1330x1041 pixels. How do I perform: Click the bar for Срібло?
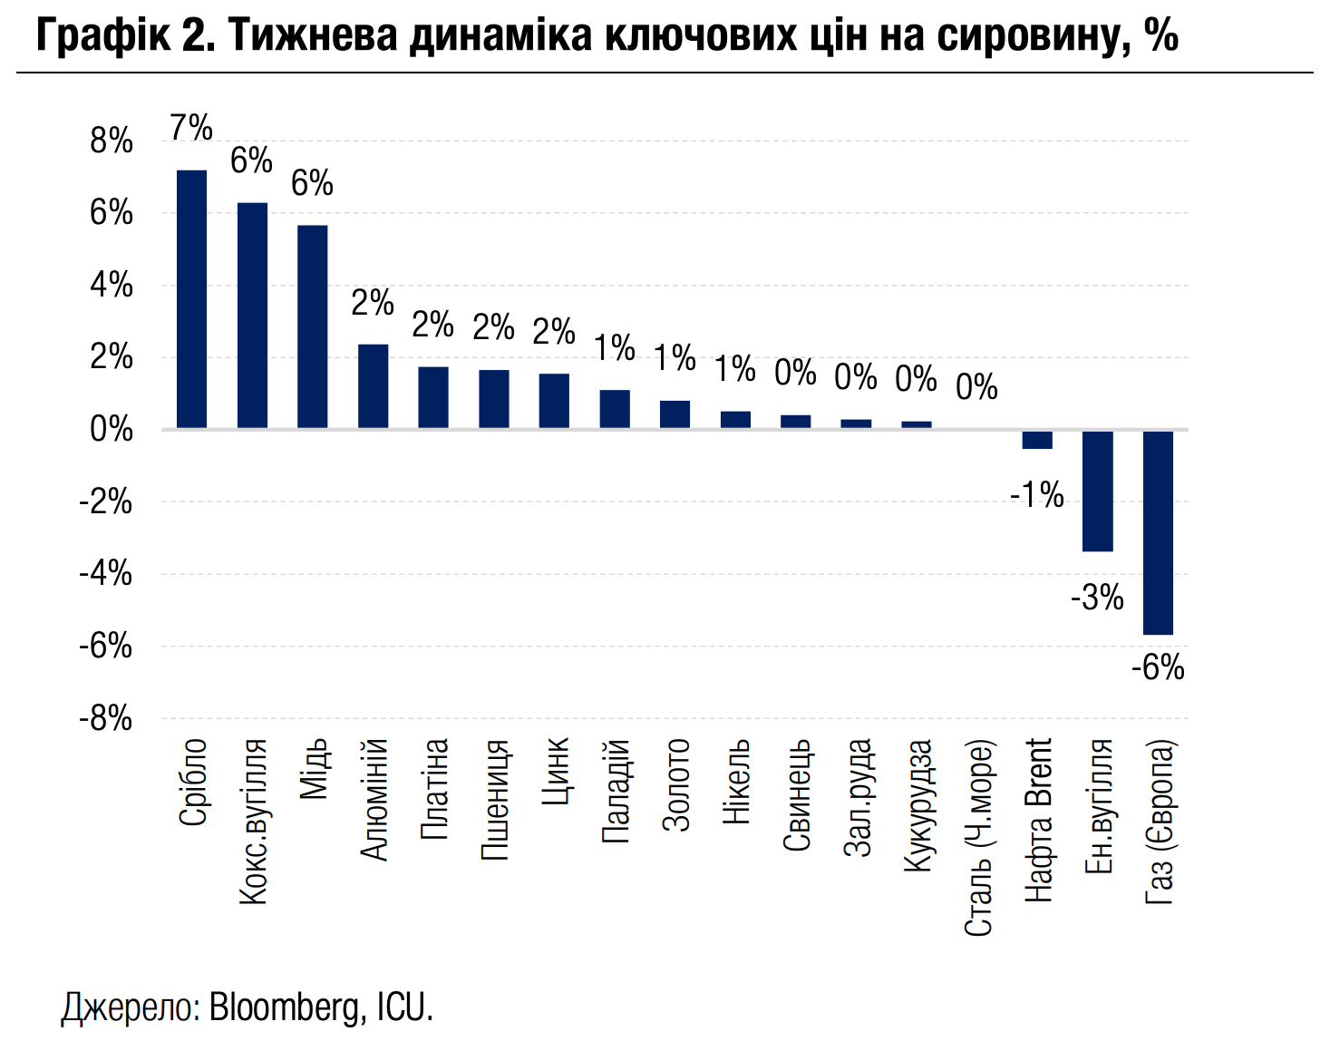point(191,299)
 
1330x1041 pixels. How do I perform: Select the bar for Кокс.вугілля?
point(252,316)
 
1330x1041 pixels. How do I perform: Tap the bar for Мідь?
point(313,326)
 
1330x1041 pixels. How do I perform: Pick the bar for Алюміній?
point(373,386)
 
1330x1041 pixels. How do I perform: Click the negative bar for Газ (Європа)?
point(1158,532)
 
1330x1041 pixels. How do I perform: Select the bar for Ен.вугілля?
point(1097,491)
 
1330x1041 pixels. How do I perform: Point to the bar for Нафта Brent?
point(1037,439)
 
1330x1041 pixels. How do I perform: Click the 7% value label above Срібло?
point(191,128)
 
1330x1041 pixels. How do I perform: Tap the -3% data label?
point(1097,598)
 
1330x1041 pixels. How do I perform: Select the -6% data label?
point(1158,668)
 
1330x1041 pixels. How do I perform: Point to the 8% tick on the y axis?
point(112,141)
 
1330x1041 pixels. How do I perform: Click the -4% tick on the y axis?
point(106,574)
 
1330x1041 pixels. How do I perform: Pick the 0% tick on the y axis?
point(112,430)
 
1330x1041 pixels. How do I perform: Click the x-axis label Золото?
point(676,784)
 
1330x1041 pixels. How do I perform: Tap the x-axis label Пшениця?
point(495,799)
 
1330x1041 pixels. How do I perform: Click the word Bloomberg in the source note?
point(286,1007)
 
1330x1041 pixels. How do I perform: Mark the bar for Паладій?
point(615,409)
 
